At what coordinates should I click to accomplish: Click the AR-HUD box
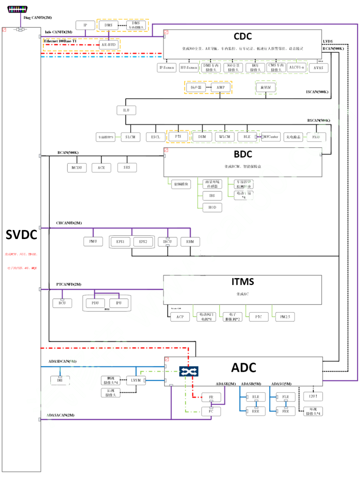pos(109,45)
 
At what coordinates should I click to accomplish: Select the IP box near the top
pos(85,25)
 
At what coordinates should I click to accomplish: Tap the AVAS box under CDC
pos(318,68)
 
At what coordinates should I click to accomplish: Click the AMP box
pos(221,87)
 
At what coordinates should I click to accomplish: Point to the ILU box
pos(126,110)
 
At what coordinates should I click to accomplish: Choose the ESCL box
pos(155,137)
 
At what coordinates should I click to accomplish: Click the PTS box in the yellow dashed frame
pos(178,137)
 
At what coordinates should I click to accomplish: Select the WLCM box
pos(224,137)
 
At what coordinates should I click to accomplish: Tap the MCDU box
pos(77,168)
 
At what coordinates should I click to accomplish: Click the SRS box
pos(127,167)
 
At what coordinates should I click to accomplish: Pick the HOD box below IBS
pos(212,207)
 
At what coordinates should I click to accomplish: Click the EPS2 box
pos(143,242)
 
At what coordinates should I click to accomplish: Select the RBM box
pos(190,242)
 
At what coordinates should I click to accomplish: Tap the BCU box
pos(62,303)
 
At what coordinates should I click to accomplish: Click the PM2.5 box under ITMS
pos(285,317)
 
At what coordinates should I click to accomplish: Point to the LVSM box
pos(136,380)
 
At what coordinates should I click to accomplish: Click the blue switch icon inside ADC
pos(189,371)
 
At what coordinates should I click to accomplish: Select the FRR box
pos(286,411)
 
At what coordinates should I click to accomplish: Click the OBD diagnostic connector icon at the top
pos(17,9)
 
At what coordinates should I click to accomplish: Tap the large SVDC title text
pos(21,235)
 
